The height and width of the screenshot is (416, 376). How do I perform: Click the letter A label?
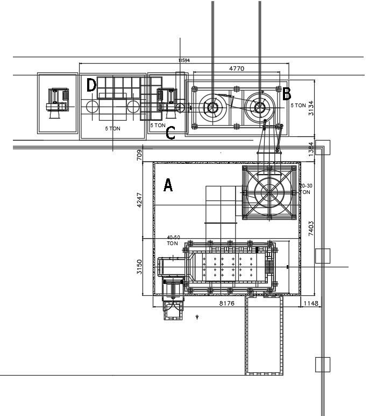point(168,186)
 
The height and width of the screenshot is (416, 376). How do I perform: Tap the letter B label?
point(287,94)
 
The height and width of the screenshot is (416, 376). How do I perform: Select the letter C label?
point(171,133)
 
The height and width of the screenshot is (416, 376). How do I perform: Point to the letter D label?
point(91,85)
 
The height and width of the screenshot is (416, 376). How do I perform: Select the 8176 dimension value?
point(226,304)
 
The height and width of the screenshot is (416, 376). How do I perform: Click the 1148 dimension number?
point(311,304)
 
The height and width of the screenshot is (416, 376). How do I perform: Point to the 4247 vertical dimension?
point(140,200)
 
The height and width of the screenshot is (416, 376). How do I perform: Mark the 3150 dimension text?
point(139,267)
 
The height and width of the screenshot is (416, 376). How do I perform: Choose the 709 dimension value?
point(139,155)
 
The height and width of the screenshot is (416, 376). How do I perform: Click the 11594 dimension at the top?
point(184,60)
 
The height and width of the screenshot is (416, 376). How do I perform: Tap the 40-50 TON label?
point(173,240)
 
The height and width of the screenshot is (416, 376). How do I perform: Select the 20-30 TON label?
point(305,189)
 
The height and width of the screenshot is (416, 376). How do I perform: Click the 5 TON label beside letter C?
point(158,126)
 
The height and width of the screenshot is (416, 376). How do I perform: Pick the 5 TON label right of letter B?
point(299,106)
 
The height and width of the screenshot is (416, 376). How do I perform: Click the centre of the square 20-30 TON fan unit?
point(270,192)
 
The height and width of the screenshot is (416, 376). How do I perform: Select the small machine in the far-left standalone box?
point(57,102)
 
